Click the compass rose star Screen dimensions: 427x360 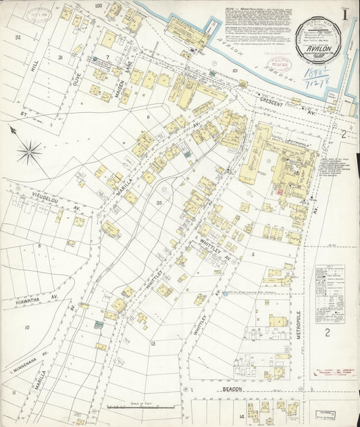28,151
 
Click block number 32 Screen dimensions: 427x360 18,37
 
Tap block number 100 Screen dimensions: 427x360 98,6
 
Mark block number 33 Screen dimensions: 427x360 159,203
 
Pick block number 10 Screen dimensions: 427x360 27,328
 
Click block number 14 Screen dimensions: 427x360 241,417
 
